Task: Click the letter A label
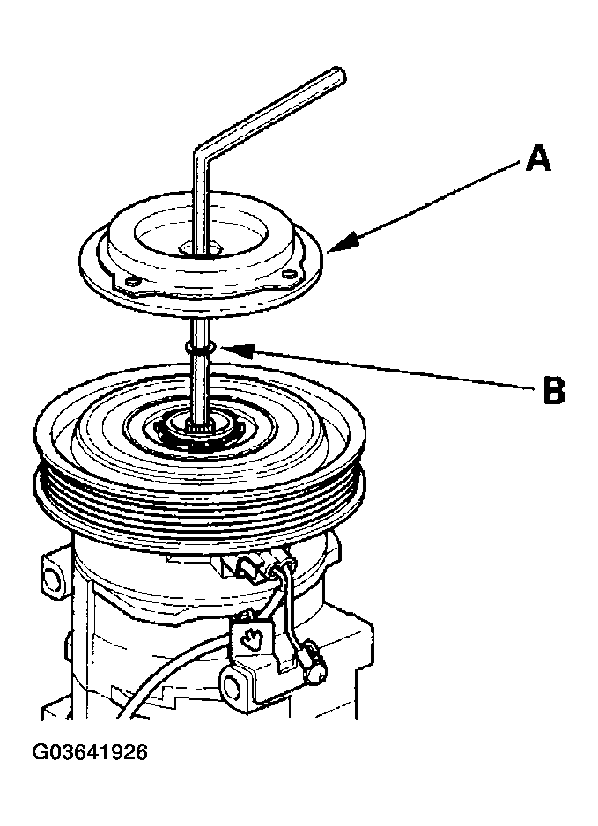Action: click(538, 159)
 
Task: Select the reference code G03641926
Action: click(90, 752)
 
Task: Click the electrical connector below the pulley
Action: click(252, 568)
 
